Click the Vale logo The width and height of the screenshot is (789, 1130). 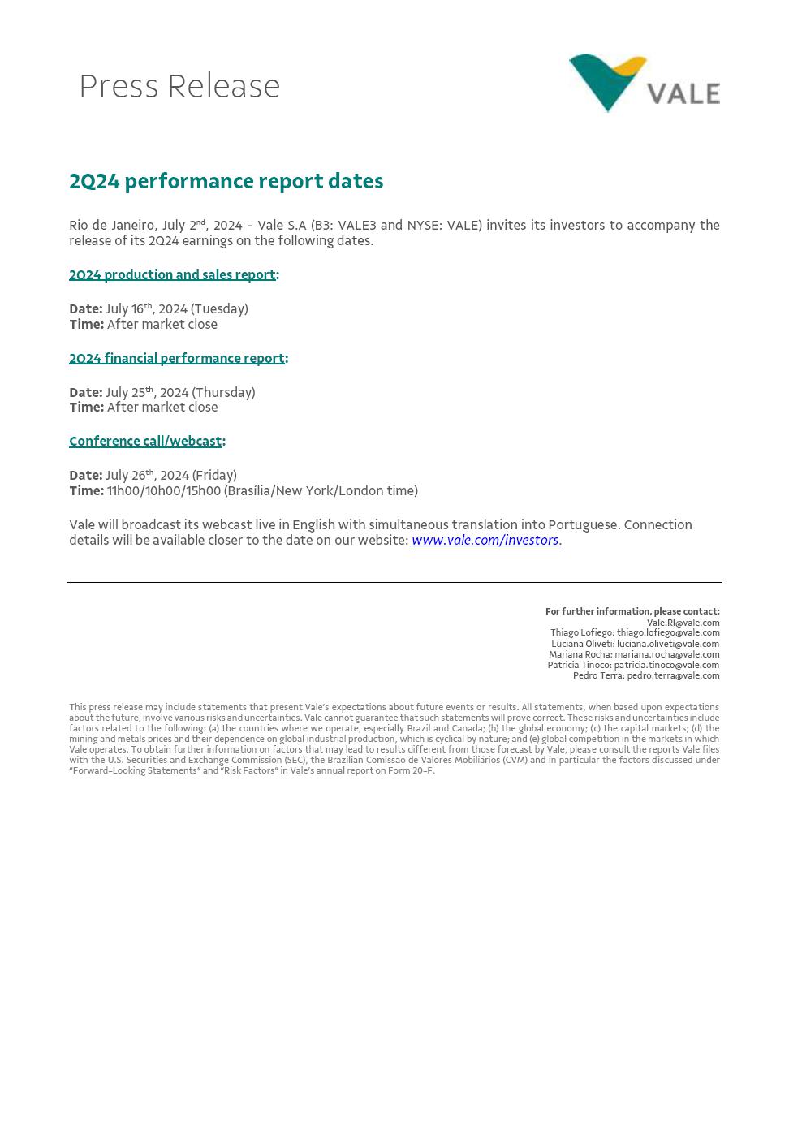coord(644,83)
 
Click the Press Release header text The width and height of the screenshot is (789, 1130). coord(179,86)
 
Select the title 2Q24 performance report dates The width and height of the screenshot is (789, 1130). coord(226,181)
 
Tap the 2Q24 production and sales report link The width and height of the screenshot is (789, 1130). coord(172,274)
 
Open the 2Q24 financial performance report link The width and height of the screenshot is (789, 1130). coord(177,358)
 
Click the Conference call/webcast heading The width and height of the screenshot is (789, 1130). coord(145,441)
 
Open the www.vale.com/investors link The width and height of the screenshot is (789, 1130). coord(485,540)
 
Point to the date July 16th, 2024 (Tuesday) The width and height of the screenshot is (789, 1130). coord(177,308)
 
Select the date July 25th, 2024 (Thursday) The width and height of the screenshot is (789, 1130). coord(180,392)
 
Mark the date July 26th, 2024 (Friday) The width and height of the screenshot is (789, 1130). coord(171,475)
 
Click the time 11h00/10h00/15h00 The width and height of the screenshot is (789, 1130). coord(164,490)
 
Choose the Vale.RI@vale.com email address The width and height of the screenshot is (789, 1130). coord(683,623)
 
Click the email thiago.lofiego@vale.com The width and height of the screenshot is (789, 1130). coord(668,632)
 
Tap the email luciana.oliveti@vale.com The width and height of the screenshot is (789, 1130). coord(668,644)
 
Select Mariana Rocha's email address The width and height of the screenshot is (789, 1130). coord(666,654)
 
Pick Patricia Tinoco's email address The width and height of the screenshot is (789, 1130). coord(666,665)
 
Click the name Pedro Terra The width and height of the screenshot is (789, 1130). coord(598,675)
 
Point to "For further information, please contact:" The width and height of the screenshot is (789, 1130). coord(632,611)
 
